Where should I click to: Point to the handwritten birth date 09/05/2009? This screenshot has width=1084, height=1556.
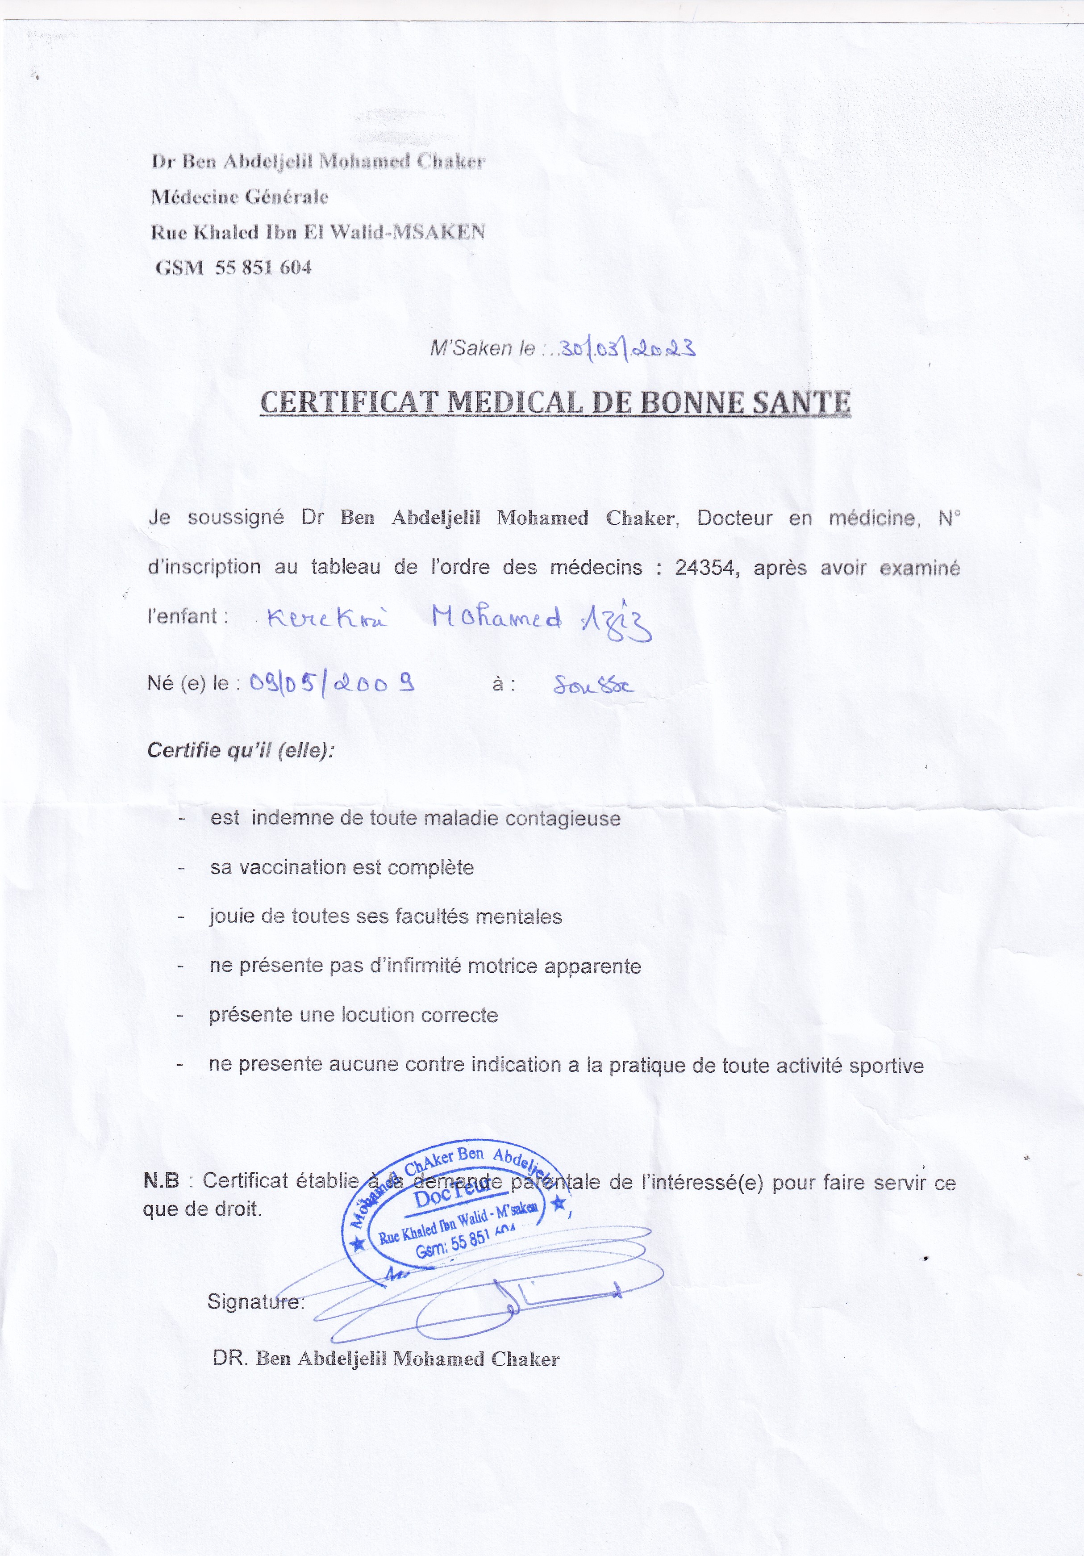click(x=332, y=683)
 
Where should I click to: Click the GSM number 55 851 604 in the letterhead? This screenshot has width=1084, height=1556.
click(x=263, y=268)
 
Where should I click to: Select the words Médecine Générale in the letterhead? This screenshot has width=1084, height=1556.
click(x=240, y=197)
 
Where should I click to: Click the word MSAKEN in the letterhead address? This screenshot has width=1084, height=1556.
click(x=440, y=232)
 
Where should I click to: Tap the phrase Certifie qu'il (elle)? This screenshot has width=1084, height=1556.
click(x=241, y=751)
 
